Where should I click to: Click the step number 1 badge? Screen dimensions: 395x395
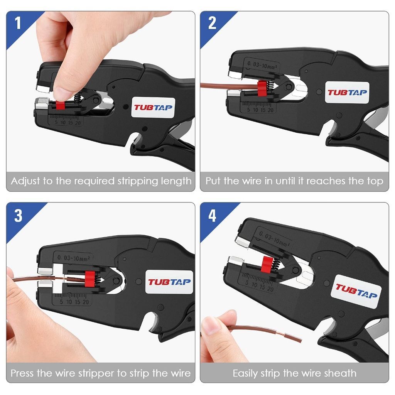[17, 23]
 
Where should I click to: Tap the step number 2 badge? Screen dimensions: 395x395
[212, 23]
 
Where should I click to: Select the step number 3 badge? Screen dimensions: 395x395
[18, 216]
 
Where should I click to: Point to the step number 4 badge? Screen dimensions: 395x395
[212, 216]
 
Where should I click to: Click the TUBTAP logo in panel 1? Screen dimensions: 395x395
[153, 108]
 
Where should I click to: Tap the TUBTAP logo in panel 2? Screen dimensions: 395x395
[347, 93]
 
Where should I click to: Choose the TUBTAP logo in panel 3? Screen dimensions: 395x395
[169, 282]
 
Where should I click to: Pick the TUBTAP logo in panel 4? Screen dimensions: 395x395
[356, 291]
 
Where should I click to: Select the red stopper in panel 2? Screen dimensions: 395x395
[262, 88]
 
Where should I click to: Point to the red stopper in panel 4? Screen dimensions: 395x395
[266, 264]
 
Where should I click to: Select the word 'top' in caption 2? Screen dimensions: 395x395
[375, 181]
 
